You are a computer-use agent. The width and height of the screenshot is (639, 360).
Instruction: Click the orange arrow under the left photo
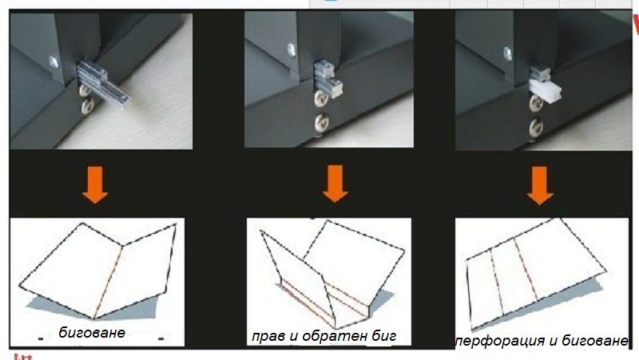95,185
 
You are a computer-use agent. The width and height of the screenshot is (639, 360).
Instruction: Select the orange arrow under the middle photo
335,184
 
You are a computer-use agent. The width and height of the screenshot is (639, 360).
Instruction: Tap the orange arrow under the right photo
540,185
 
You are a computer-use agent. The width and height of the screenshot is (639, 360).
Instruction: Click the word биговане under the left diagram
92,333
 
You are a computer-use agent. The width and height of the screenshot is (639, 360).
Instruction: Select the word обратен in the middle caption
335,336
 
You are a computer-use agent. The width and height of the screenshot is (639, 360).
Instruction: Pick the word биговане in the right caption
595,341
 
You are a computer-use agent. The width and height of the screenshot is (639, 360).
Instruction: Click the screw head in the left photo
54,63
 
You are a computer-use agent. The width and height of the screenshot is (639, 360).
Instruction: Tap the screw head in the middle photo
292,49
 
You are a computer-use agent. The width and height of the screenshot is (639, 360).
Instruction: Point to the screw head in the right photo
508,53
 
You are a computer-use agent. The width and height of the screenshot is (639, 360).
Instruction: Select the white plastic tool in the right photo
545,91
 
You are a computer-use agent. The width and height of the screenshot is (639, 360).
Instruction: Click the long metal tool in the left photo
103,83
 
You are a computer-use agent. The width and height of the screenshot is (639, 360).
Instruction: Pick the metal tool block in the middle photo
328,79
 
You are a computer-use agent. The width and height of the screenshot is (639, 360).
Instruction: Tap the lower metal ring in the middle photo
322,123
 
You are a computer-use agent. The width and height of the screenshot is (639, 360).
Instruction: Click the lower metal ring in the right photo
536,127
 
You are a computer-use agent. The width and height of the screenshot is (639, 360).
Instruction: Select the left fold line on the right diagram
497,282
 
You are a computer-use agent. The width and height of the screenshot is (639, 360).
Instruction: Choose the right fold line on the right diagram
525,270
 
